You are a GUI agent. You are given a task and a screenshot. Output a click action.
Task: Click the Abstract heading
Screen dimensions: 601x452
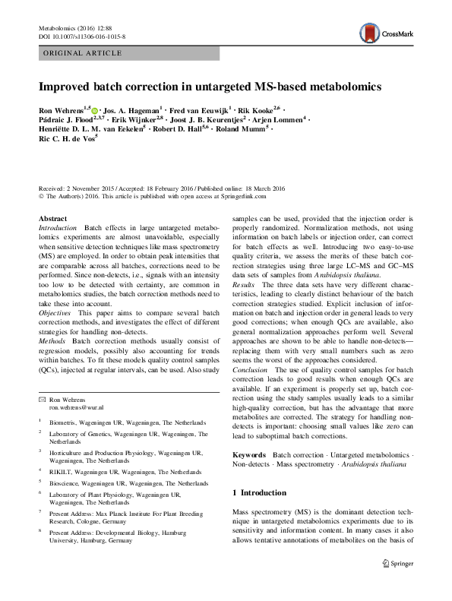pos(52,219)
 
